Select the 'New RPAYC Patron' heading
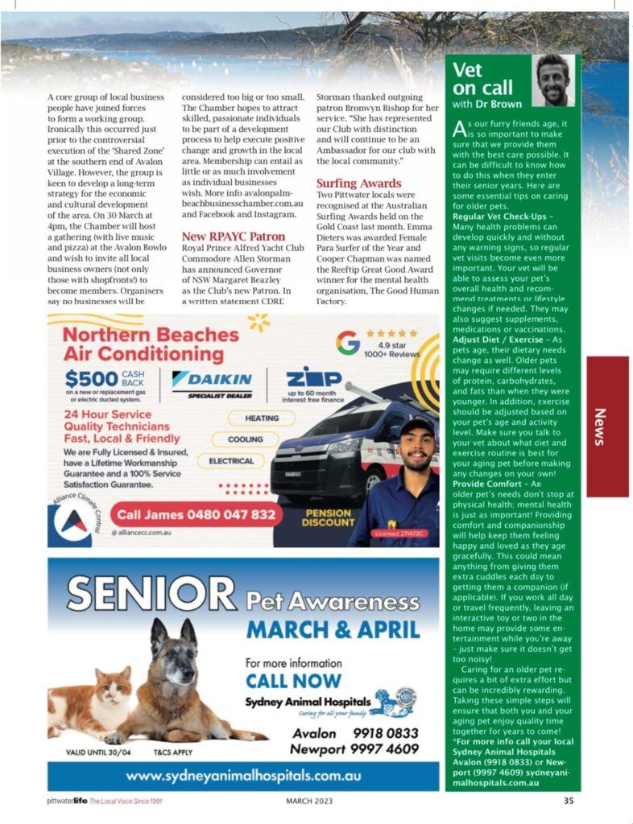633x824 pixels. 234,237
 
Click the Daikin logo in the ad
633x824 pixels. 213,379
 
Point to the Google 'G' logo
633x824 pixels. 348,342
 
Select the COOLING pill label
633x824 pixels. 245,440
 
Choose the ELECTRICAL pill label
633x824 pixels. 231,462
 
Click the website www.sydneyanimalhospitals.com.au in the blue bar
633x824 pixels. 243,777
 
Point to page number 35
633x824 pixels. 569,801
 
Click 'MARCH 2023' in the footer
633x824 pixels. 309,801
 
